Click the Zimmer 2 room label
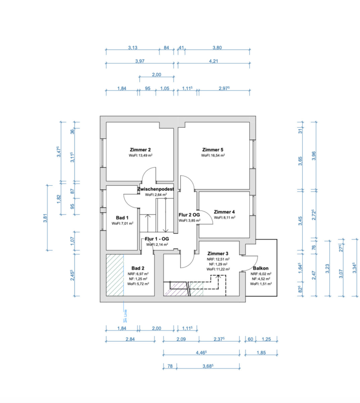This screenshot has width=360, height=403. point(140,150)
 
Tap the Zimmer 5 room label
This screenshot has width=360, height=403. point(213,150)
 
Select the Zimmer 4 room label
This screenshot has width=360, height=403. point(224,212)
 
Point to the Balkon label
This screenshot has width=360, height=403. point(260,269)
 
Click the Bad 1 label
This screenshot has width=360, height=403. point(117,218)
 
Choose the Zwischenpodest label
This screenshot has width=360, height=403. point(156,189)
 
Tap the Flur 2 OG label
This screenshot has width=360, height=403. point(189,215)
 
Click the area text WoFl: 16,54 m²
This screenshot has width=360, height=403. point(213,155)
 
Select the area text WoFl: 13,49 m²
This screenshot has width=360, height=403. point(140,155)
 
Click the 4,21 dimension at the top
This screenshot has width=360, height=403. point(213,62)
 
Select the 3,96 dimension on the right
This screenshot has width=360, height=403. point(313,155)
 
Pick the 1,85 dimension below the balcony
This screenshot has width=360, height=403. point(261,353)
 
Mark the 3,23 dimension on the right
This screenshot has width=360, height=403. point(327,269)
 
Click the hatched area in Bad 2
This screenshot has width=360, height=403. point(115,275)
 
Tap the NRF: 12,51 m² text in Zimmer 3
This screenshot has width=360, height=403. point(218,259)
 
